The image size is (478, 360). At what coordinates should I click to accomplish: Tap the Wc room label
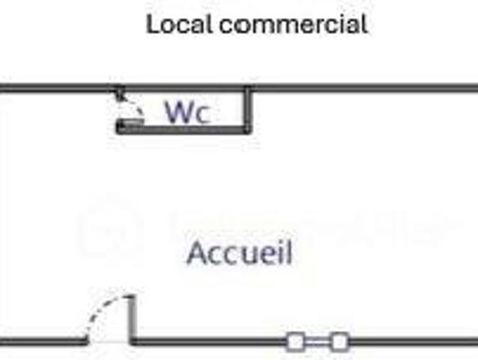coord(187,112)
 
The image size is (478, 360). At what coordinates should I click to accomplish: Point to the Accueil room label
coord(240,252)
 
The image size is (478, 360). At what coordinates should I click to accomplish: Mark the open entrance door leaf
coord(133,319)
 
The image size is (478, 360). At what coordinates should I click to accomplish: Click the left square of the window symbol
coord(295,343)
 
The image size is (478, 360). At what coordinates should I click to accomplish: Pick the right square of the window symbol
coord(339,343)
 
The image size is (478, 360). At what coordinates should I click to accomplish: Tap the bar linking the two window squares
coord(318,343)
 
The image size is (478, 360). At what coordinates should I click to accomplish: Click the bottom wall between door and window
coord(210,343)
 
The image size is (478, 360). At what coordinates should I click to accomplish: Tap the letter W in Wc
coord(178,112)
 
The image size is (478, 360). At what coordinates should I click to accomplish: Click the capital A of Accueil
coord(196,252)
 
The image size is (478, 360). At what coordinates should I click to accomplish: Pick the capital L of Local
coord(153,24)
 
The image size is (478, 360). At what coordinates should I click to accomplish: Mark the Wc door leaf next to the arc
coord(132,121)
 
